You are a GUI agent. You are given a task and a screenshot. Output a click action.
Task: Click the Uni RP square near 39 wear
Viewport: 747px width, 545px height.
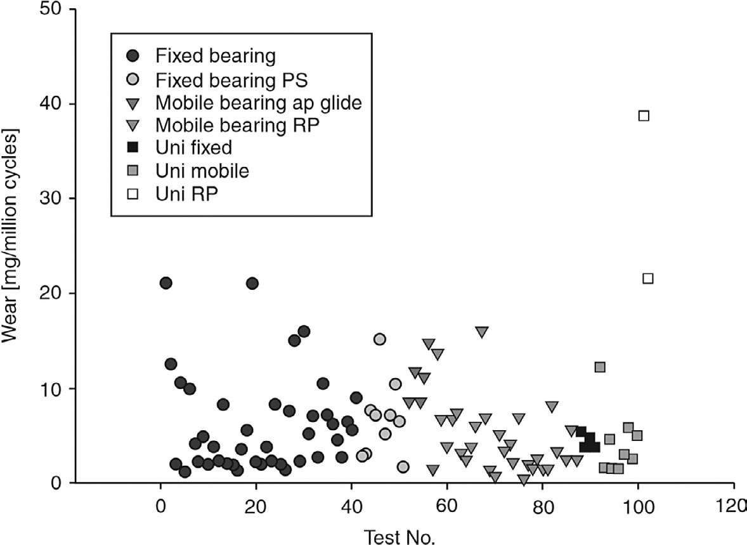(644, 115)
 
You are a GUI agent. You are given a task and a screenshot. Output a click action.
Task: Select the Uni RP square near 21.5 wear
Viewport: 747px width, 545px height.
(647, 278)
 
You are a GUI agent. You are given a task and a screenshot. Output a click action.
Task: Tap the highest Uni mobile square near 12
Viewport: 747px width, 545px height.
(600, 367)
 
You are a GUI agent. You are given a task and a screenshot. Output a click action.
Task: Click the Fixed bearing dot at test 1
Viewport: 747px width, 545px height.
(166, 283)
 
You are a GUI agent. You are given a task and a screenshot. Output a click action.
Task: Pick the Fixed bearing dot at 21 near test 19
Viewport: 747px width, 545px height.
(252, 283)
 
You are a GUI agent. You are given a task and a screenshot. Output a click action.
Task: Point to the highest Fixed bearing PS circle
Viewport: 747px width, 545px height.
(379, 339)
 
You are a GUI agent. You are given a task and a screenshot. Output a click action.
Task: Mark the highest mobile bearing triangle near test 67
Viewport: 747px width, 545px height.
(481, 332)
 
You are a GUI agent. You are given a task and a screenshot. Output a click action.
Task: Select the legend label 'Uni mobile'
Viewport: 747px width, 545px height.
(202, 171)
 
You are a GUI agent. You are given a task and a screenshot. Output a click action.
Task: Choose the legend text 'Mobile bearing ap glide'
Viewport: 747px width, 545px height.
(259, 103)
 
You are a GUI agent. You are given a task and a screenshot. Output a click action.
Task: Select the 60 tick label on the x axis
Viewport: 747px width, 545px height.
(447, 507)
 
